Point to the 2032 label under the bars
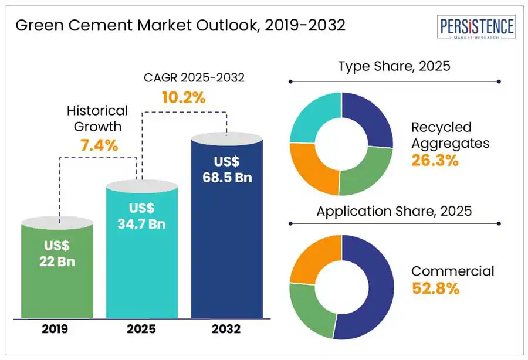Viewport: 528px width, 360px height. tap(228, 329)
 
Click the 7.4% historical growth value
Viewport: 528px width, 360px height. tap(99, 145)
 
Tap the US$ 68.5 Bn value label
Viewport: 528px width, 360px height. tap(228, 169)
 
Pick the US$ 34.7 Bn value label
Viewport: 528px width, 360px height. tap(141, 215)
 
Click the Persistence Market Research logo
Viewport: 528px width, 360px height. tap(477, 28)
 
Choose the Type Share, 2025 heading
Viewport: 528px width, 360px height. tap(394, 66)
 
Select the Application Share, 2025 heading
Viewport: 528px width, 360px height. tap(394, 211)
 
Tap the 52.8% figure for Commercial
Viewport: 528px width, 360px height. tap(435, 288)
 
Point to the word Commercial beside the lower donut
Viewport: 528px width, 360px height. tap(452, 271)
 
